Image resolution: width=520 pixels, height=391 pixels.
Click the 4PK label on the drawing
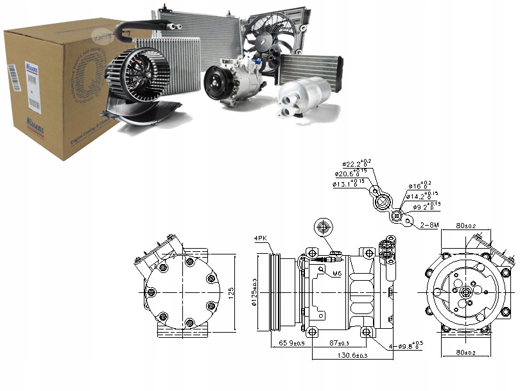pyautogui.click(x=261, y=240)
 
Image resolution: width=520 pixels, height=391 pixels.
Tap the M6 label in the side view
pyautogui.click(x=337, y=273)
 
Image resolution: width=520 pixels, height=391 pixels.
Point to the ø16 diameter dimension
pyautogui.click(x=422, y=186)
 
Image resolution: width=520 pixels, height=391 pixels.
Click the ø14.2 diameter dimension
pyautogui.click(x=422, y=196)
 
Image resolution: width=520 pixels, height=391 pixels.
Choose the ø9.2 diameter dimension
pyautogui.click(x=424, y=206)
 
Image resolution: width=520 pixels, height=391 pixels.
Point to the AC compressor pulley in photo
pyautogui.click(x=215, y=84)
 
